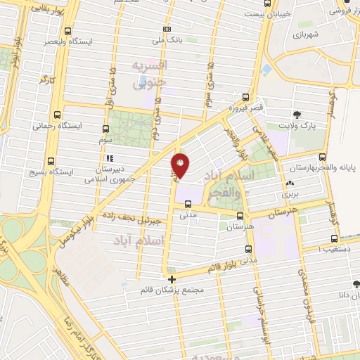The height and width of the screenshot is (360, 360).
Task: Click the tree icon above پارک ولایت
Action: pyautogui.click(x=298, y=114)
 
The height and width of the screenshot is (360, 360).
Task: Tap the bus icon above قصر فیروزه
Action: pyautogui.click(x=245, y=97)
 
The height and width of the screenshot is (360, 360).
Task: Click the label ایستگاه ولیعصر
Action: pyautogui.click(x=68, y=42)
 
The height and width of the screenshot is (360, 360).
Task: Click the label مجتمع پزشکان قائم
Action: pyautogui.click(x=172, y=290)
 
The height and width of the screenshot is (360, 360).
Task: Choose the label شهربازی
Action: pyautogui.click(x=307, y=34)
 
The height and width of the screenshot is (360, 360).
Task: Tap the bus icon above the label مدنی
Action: pyautogui.click(x=187, y=205)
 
